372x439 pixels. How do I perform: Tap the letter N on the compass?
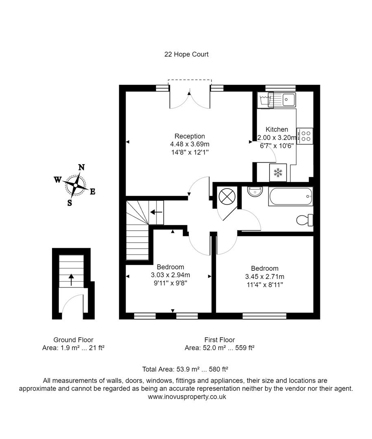[81, 167]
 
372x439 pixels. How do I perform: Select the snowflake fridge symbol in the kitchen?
[278, 172]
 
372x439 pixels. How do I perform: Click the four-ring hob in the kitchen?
[305, 136]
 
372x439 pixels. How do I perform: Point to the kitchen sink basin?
[289, 98]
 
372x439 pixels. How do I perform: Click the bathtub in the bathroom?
[290, 197]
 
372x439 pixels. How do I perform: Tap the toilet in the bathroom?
[305, 220]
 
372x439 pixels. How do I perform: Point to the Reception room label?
[190, 136]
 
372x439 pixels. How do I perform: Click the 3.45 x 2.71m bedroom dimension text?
[265, 276]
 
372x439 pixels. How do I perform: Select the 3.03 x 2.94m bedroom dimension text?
[170, 275]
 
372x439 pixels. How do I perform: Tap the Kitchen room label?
[277, 130]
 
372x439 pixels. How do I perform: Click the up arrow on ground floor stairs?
[71, 280]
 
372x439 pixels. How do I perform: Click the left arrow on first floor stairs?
[156, 212]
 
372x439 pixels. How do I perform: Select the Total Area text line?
[185, 369]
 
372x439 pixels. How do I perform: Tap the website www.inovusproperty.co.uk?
[187, 397]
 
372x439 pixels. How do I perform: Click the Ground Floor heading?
[73, 340]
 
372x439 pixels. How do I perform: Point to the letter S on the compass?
[70, 203]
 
